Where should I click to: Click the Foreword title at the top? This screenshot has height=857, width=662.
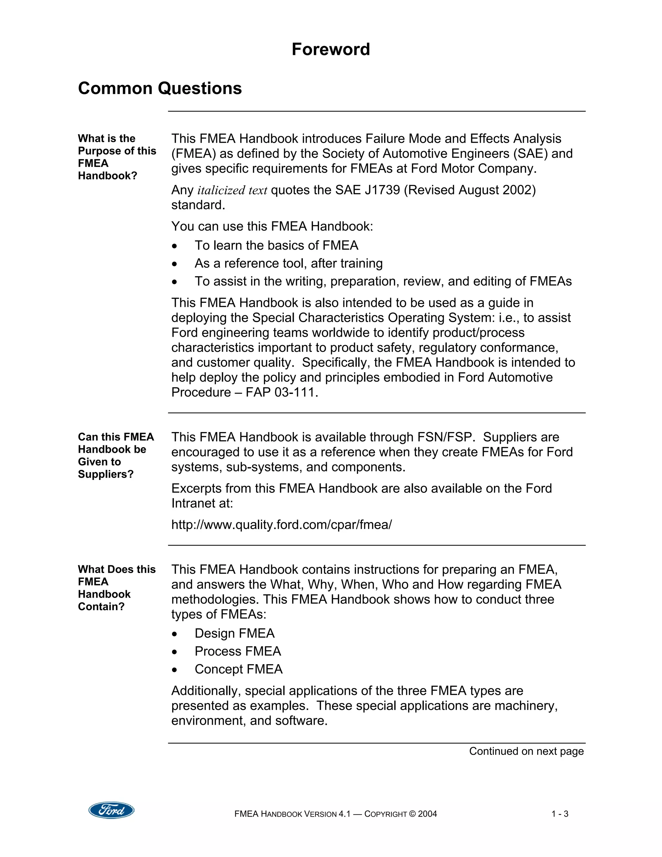tap(331, 49)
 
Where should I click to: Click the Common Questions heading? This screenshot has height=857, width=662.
tap(160, 88)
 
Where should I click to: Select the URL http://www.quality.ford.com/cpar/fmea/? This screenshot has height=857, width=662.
tap(281, 525)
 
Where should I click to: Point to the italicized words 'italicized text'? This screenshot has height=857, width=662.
tap(232, 190)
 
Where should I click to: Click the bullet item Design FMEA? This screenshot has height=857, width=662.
tap(235, 633)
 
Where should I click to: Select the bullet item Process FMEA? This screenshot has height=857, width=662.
tap(238, 651)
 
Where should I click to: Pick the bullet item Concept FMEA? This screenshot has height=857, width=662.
tap(239, 669)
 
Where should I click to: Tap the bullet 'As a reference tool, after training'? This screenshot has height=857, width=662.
tap(288, 263)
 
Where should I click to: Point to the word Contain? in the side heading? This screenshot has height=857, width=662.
tap(101, 607)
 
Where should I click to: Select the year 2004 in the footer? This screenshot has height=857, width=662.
tap(427, 814)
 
